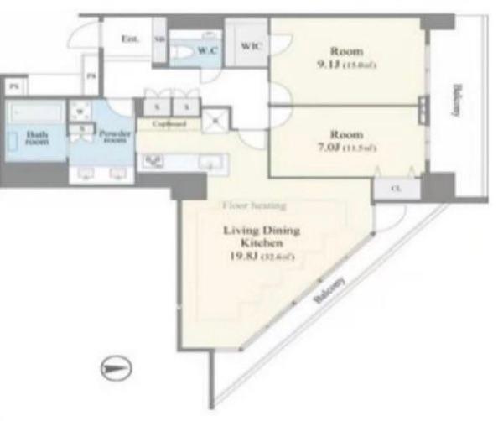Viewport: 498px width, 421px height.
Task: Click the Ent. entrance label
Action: pos(129,39)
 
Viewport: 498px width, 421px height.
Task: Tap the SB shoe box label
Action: pos(160,39)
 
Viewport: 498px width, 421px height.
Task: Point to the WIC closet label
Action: pos(250,47)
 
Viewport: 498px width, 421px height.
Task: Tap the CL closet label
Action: pos(394,190)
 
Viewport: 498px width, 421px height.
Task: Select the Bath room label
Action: pos(36,138)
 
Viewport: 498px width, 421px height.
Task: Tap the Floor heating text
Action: pos(254,205)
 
